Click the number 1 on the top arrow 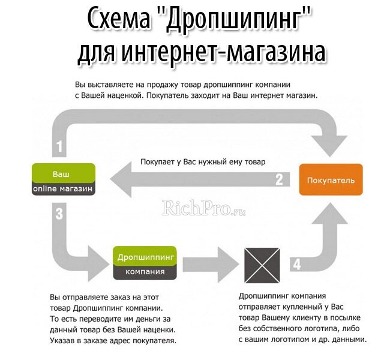coord(59,146)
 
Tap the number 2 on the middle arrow coord(279,179)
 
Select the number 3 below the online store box coord(59,212)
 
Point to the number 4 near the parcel coord(296,263)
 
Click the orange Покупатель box coord(331,180)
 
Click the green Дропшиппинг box coord(145,256)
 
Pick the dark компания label coord(145,271)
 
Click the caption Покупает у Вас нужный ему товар coord(202,161)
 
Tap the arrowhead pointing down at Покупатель coord(329,142)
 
